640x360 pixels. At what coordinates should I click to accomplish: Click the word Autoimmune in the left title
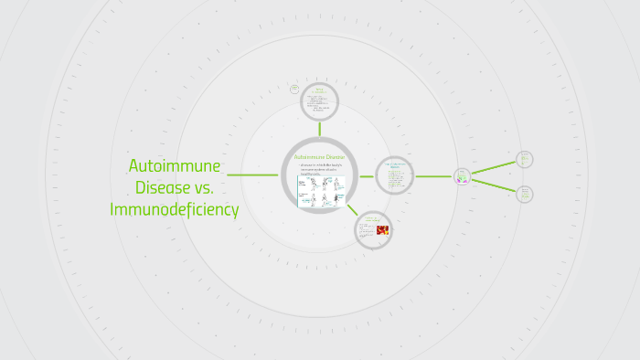[x=175, y=166]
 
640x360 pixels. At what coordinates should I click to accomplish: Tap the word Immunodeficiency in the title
[x=175, y=209]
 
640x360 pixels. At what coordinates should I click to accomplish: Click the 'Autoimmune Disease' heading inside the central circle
[x=319, y=157]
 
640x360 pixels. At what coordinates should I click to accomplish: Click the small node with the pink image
[x=463, y=176]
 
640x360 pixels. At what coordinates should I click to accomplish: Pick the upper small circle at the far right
[x=524, y=160]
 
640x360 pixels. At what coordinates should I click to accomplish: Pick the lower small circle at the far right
[x=525, y=194]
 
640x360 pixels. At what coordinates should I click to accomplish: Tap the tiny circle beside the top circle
[x=294, y=90]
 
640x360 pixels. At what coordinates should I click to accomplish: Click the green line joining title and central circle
[x=253, y=175]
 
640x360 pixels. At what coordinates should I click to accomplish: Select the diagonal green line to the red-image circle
[x=352, y=209]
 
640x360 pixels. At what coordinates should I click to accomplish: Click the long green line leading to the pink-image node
[x=434, y=175]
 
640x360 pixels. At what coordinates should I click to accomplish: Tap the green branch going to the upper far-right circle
[x=494, y=167]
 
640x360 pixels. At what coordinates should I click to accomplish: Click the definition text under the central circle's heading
[x=319, y=169]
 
